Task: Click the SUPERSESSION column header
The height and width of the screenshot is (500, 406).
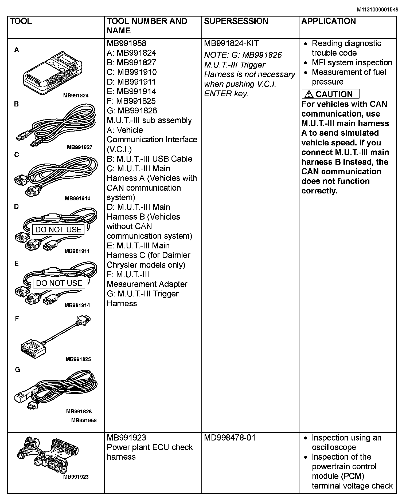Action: click(236, 21)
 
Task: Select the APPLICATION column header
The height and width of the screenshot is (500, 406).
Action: click(328, 21)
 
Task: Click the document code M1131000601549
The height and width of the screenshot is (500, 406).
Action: click(378, 10)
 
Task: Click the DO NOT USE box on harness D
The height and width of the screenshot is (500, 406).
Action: click(58, 229)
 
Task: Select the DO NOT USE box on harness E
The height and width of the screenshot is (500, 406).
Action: click(59, 283)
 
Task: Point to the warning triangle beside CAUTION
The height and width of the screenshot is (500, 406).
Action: click(309, 94)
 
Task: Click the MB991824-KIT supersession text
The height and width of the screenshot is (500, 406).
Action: click(231, 43)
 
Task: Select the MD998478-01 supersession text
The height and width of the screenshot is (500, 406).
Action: click(230, 438)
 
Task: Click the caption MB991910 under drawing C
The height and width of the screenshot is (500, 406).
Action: click(77, 199)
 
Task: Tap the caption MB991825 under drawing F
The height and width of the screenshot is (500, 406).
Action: click(78, 359)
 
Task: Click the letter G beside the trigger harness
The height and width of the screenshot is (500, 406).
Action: click(17, 370)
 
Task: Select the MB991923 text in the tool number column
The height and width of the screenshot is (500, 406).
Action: click(126, 438)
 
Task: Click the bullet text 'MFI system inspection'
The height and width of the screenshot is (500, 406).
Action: click(352, 63)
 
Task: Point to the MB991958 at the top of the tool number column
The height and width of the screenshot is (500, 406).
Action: click(126, 43)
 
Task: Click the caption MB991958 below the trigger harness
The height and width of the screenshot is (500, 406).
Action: click(84, 420)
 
